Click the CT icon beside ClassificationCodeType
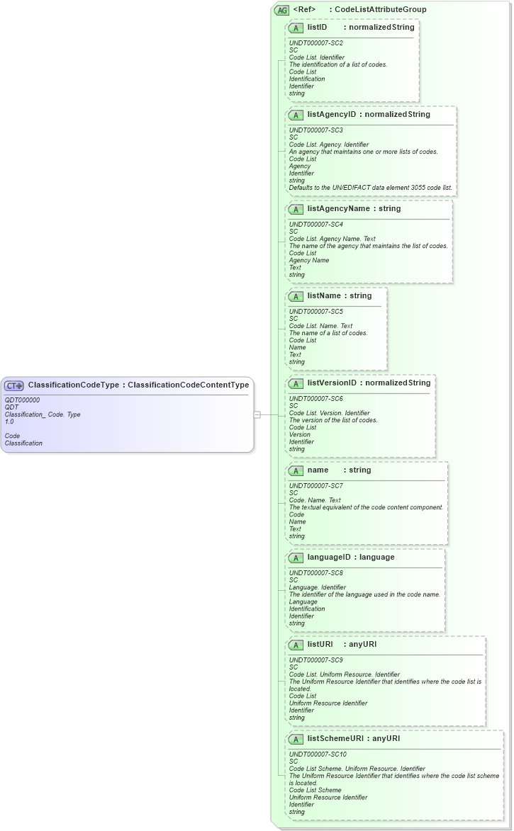click(14, 385)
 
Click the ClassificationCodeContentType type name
click(188, 385)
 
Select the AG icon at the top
click(281, 10)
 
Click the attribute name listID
click(317, 28)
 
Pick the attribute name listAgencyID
click(332, 115)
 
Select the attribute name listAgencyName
click(339, 209)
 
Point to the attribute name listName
click(325, 296)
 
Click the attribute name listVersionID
click(332, 383)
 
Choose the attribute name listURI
click(320, 645)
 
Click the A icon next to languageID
click(296, 558)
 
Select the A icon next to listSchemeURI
click(296, 739)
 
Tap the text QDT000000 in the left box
click(22, 400)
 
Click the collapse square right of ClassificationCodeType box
click(257, 414)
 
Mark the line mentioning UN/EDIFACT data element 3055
click(371, 188)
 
